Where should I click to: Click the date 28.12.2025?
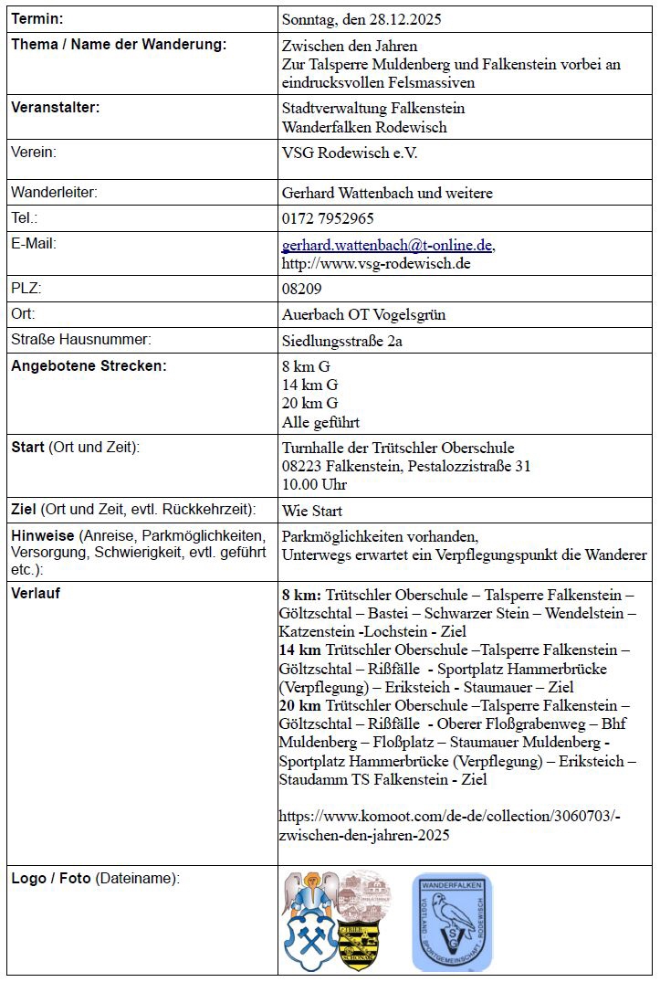pyautogui.click(x=409, y=18)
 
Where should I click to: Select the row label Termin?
pyautogui.click(x=37, y=18)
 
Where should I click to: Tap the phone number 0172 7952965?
pyautogui.click(x=328, y=219)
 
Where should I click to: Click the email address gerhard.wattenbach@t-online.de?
pyautogui.click(x=388, y=245)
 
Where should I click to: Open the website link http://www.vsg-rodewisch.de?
pyautogui.click(x=376, y=264)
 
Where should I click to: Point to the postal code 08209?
pyautogui.click(x=302, y=290)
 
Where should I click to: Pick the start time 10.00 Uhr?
pyautogui.click(x=314, y=484)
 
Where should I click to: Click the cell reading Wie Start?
pyautogui.click(x=312, y=511)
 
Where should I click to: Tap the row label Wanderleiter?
pyautogui.click(x=54, y=192)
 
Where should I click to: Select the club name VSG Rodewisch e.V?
pyautogui.click(x=350, y=153)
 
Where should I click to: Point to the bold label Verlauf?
pyautogui.click(x=36, y=593)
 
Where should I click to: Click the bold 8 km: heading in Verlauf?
pyautogui.click(x=302, y=595)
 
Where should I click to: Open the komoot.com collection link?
pyautogui.click(x=450, y=826)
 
